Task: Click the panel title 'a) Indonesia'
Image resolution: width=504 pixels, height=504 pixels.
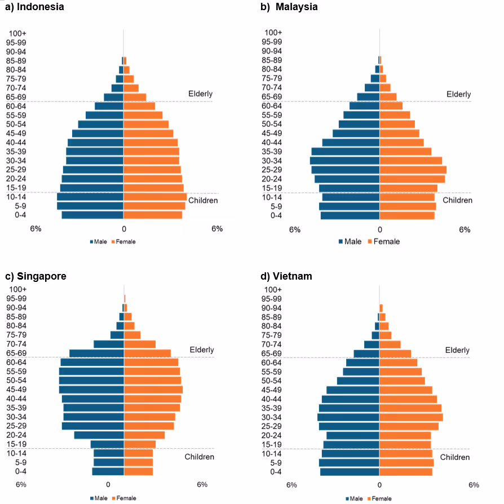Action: [34, 7]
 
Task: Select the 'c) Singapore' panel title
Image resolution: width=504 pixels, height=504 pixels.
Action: [36, 276]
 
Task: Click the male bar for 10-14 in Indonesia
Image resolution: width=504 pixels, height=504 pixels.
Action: [90, 197]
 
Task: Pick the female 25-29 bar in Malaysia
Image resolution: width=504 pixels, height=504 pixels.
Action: [413, 170]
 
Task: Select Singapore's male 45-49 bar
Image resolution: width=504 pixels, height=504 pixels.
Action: [91, 390]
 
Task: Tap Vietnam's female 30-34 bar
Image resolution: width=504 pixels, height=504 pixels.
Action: [411, 417]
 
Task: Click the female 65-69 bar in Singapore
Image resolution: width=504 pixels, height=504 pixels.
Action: [147, 353]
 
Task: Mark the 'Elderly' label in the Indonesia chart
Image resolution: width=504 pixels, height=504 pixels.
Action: [200, 94]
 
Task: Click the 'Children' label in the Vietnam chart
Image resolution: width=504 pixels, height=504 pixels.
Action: [454, 457]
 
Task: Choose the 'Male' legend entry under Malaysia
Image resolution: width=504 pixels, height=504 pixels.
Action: [350, 241]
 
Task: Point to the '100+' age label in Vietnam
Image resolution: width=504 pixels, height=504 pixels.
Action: [272, 290]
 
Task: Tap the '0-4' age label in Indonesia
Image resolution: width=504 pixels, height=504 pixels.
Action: [21, 215]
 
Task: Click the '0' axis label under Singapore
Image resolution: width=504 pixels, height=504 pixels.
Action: [108, 484]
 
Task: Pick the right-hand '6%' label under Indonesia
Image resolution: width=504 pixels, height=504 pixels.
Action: [217, 229]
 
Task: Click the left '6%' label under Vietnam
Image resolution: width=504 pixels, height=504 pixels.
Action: [291, 485]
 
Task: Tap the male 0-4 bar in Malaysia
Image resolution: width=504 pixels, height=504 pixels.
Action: [350, 215]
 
